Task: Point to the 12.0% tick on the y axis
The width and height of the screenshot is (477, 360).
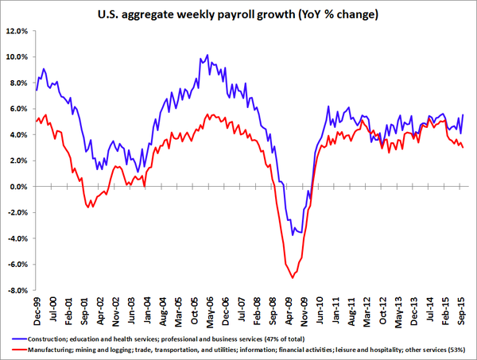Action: pyautogui.click(x=17, y=32)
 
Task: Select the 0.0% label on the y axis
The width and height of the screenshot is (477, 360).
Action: pyautogui.click(x=18, y=187)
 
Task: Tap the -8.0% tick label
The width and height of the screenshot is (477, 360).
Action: pyautogui.click(x=17, y=291)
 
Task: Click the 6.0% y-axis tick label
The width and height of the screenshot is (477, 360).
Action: pyautogui.click(x=18, y=109)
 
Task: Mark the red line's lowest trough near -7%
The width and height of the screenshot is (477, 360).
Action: pyautogui.click(x=293, y=277)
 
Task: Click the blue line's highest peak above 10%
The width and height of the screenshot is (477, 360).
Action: pyautogui.click(x=207, y=56)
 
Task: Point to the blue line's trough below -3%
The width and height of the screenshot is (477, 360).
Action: pyautogui.click(x=293, y=235)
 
